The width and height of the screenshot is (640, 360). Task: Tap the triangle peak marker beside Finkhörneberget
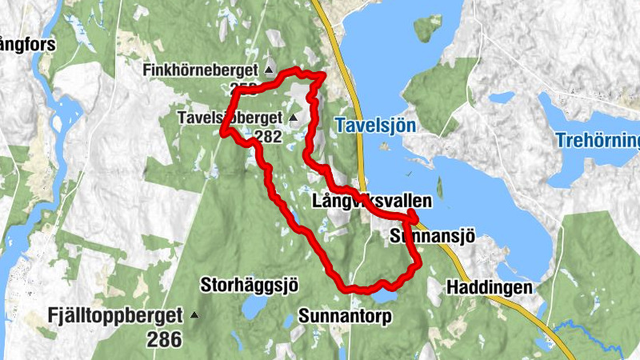pyautogui.click(x=269, y=71)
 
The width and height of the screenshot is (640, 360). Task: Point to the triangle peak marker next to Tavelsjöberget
pyautogui.click(x=293, y=118)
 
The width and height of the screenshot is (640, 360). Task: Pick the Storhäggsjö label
pyautogui.click(x=249, y=284)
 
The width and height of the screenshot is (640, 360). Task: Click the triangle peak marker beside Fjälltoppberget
pyautogui.click(x=194, y=315)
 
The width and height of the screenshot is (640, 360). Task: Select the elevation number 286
pyautogui.click(x=164, y=338)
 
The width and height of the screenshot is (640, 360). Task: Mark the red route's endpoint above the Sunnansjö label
pyautogui.click(x=412, y=213)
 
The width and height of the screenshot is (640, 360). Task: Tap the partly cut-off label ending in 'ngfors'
pyautogui.click(x=27, y=45)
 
